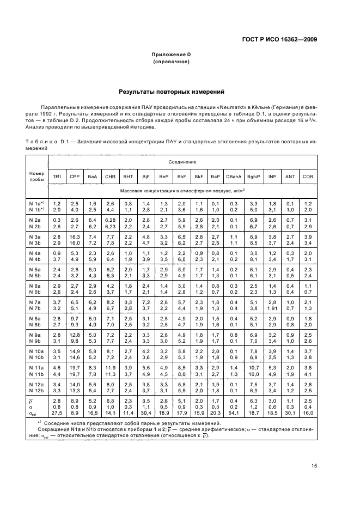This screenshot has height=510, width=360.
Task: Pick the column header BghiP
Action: coord(253,177)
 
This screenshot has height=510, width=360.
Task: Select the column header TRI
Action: coord(57,177)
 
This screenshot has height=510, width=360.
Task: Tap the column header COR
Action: coord(308,177)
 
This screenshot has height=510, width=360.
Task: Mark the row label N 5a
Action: coord(35,269)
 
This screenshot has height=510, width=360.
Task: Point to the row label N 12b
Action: coord(35,391)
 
